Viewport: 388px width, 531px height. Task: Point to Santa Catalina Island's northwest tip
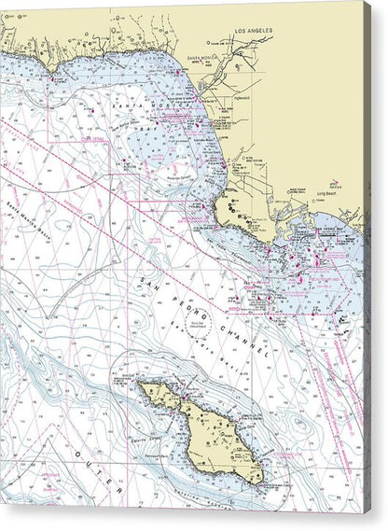pyautogui.click(x=140, y=382)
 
